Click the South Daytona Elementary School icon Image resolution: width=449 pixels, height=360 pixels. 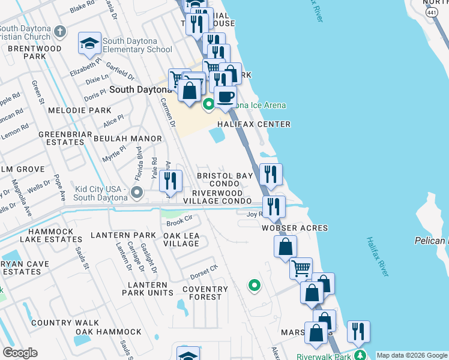point(89,43)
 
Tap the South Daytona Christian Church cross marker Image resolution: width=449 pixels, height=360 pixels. point(59,31)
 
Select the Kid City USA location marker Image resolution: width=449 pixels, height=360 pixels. point(137,193)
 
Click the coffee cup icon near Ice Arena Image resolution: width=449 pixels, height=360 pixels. point(225,97)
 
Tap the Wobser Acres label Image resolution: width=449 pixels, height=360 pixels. point(295,228)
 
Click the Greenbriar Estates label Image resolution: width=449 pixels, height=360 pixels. point(61,138)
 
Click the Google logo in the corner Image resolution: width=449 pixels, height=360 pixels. point(20,353)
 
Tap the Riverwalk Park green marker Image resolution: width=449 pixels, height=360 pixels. point(360,356)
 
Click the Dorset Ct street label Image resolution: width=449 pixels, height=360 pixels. point(203,272)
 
